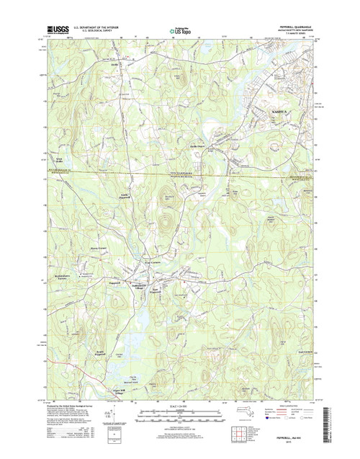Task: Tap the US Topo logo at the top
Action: pyautogui.click(x=180, y=31)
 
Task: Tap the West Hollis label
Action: pyautogui.click(x=58, y=159)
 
